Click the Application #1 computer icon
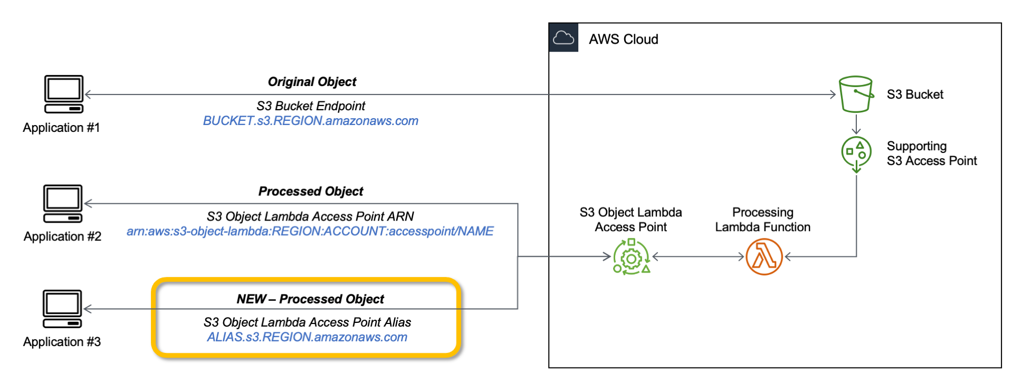(63, 94)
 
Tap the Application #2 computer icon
(63, 203)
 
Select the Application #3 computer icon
(62, 309)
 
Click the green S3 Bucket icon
(855, 94)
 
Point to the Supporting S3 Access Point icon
(856, 154)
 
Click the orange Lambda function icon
(763, 257)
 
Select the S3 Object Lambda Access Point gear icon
(631, 257)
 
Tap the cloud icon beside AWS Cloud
(563, 38)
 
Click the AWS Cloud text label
(623, 40)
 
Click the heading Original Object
(312, 82)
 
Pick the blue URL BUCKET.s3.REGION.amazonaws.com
(310, 121)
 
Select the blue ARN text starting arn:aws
(310, 231)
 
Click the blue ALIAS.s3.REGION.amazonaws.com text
(307, 337)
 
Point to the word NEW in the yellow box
(251, 299)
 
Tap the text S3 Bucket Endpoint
(311, 106)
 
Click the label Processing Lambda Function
(762, 219)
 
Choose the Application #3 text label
(62, 342)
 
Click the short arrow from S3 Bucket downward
(856, 125)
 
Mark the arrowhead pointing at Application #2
(88, 204)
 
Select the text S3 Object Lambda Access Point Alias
(307, 322)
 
